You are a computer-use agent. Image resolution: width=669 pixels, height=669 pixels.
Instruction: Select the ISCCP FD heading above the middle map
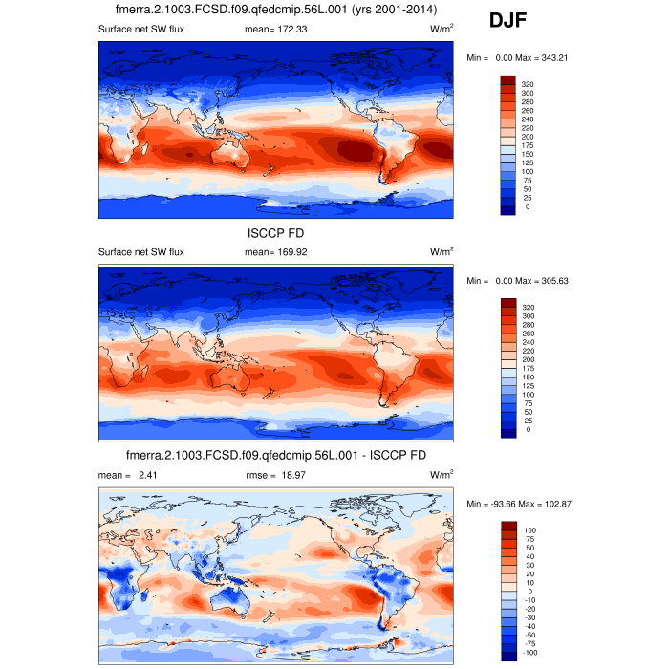(275, 232)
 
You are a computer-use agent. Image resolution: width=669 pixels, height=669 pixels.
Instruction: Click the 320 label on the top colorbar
(527, 84)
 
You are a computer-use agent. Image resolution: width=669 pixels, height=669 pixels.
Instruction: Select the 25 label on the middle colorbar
(527, 421)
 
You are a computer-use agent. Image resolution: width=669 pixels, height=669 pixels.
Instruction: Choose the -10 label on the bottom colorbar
(529, 600)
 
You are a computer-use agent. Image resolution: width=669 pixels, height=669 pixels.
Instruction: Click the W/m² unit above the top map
(442, 30)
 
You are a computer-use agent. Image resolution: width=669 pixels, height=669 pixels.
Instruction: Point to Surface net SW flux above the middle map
(140, 252)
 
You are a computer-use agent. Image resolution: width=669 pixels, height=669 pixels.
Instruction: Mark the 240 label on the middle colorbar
(527, 342)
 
